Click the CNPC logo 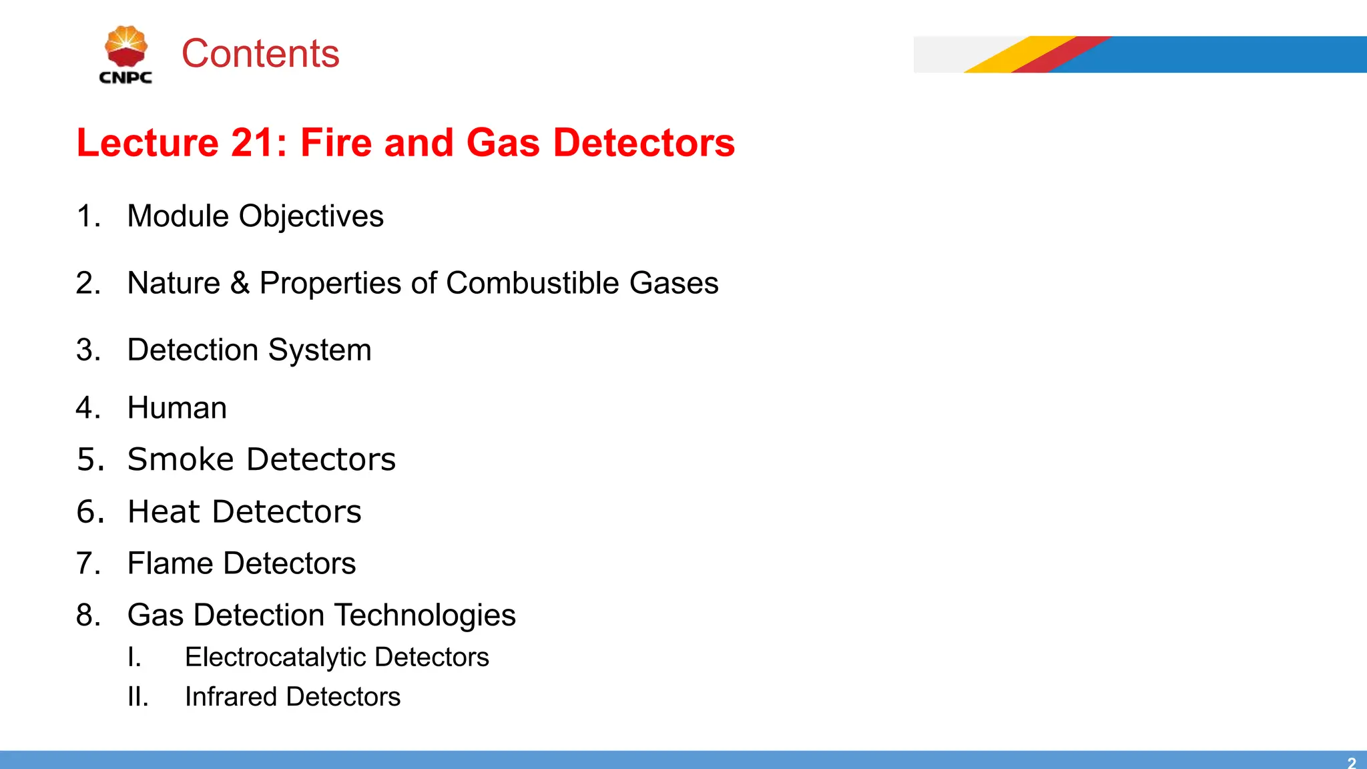(x=125, y=55)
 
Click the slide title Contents (x=260, y=53)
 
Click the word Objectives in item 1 (x=311, y=216)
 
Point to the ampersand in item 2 (x=240, y=283)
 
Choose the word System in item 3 (x=320, y=350)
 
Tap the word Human (x=177, y=408)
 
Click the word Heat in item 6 (x=164, y=512)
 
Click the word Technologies (x=425, y=615)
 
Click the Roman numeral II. (x=137, y=697)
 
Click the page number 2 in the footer (x=1351, y=762)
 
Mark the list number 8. (x=87, y=615)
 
